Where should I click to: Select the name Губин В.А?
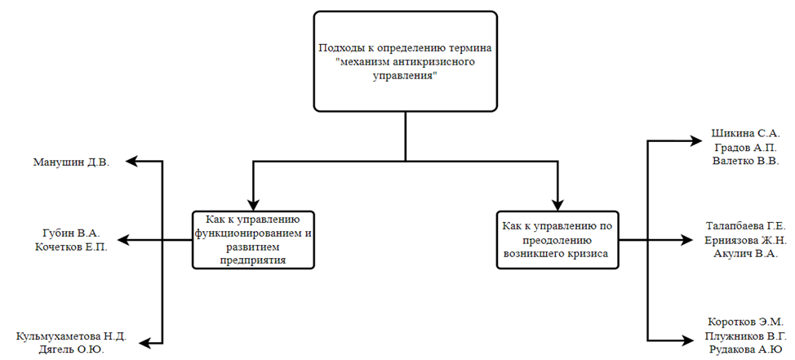71,232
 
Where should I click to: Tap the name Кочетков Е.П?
71,247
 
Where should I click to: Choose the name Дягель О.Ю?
71,350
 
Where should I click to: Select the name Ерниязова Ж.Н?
745,240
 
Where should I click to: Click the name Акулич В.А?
745,255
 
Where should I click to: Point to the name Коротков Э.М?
744,321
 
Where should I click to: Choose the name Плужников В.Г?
744,336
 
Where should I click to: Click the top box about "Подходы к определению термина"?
406,61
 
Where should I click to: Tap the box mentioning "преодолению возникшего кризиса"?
557,239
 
